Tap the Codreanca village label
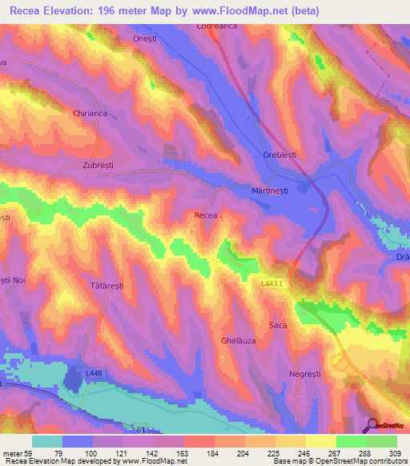pos(213,26)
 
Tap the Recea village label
pos(207,215)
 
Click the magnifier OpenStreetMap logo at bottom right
pos(374,424)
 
